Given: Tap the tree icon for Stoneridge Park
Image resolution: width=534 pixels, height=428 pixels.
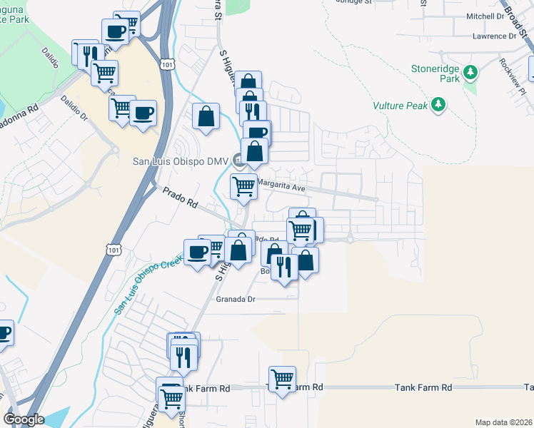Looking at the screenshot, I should tap(470, 71).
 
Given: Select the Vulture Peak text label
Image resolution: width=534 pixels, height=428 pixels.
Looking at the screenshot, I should tap(399, 106).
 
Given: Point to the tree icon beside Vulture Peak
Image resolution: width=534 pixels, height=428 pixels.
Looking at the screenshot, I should tap(438, 106).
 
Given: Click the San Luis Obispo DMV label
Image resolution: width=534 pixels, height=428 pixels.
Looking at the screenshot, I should tap(179, 160).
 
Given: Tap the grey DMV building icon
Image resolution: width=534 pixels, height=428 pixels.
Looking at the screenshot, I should tap(236, 160).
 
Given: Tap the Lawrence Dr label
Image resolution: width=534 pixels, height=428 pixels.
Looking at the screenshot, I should tap(493, 36).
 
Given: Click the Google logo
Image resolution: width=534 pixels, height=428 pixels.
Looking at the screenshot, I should tap(24, 419).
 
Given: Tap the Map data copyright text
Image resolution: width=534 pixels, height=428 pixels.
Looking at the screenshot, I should tap(503, 422).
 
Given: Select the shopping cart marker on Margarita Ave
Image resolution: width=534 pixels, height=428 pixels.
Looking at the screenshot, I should tap(243, 186).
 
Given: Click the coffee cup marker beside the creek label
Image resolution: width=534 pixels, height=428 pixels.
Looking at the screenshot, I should tap(198, 251).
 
